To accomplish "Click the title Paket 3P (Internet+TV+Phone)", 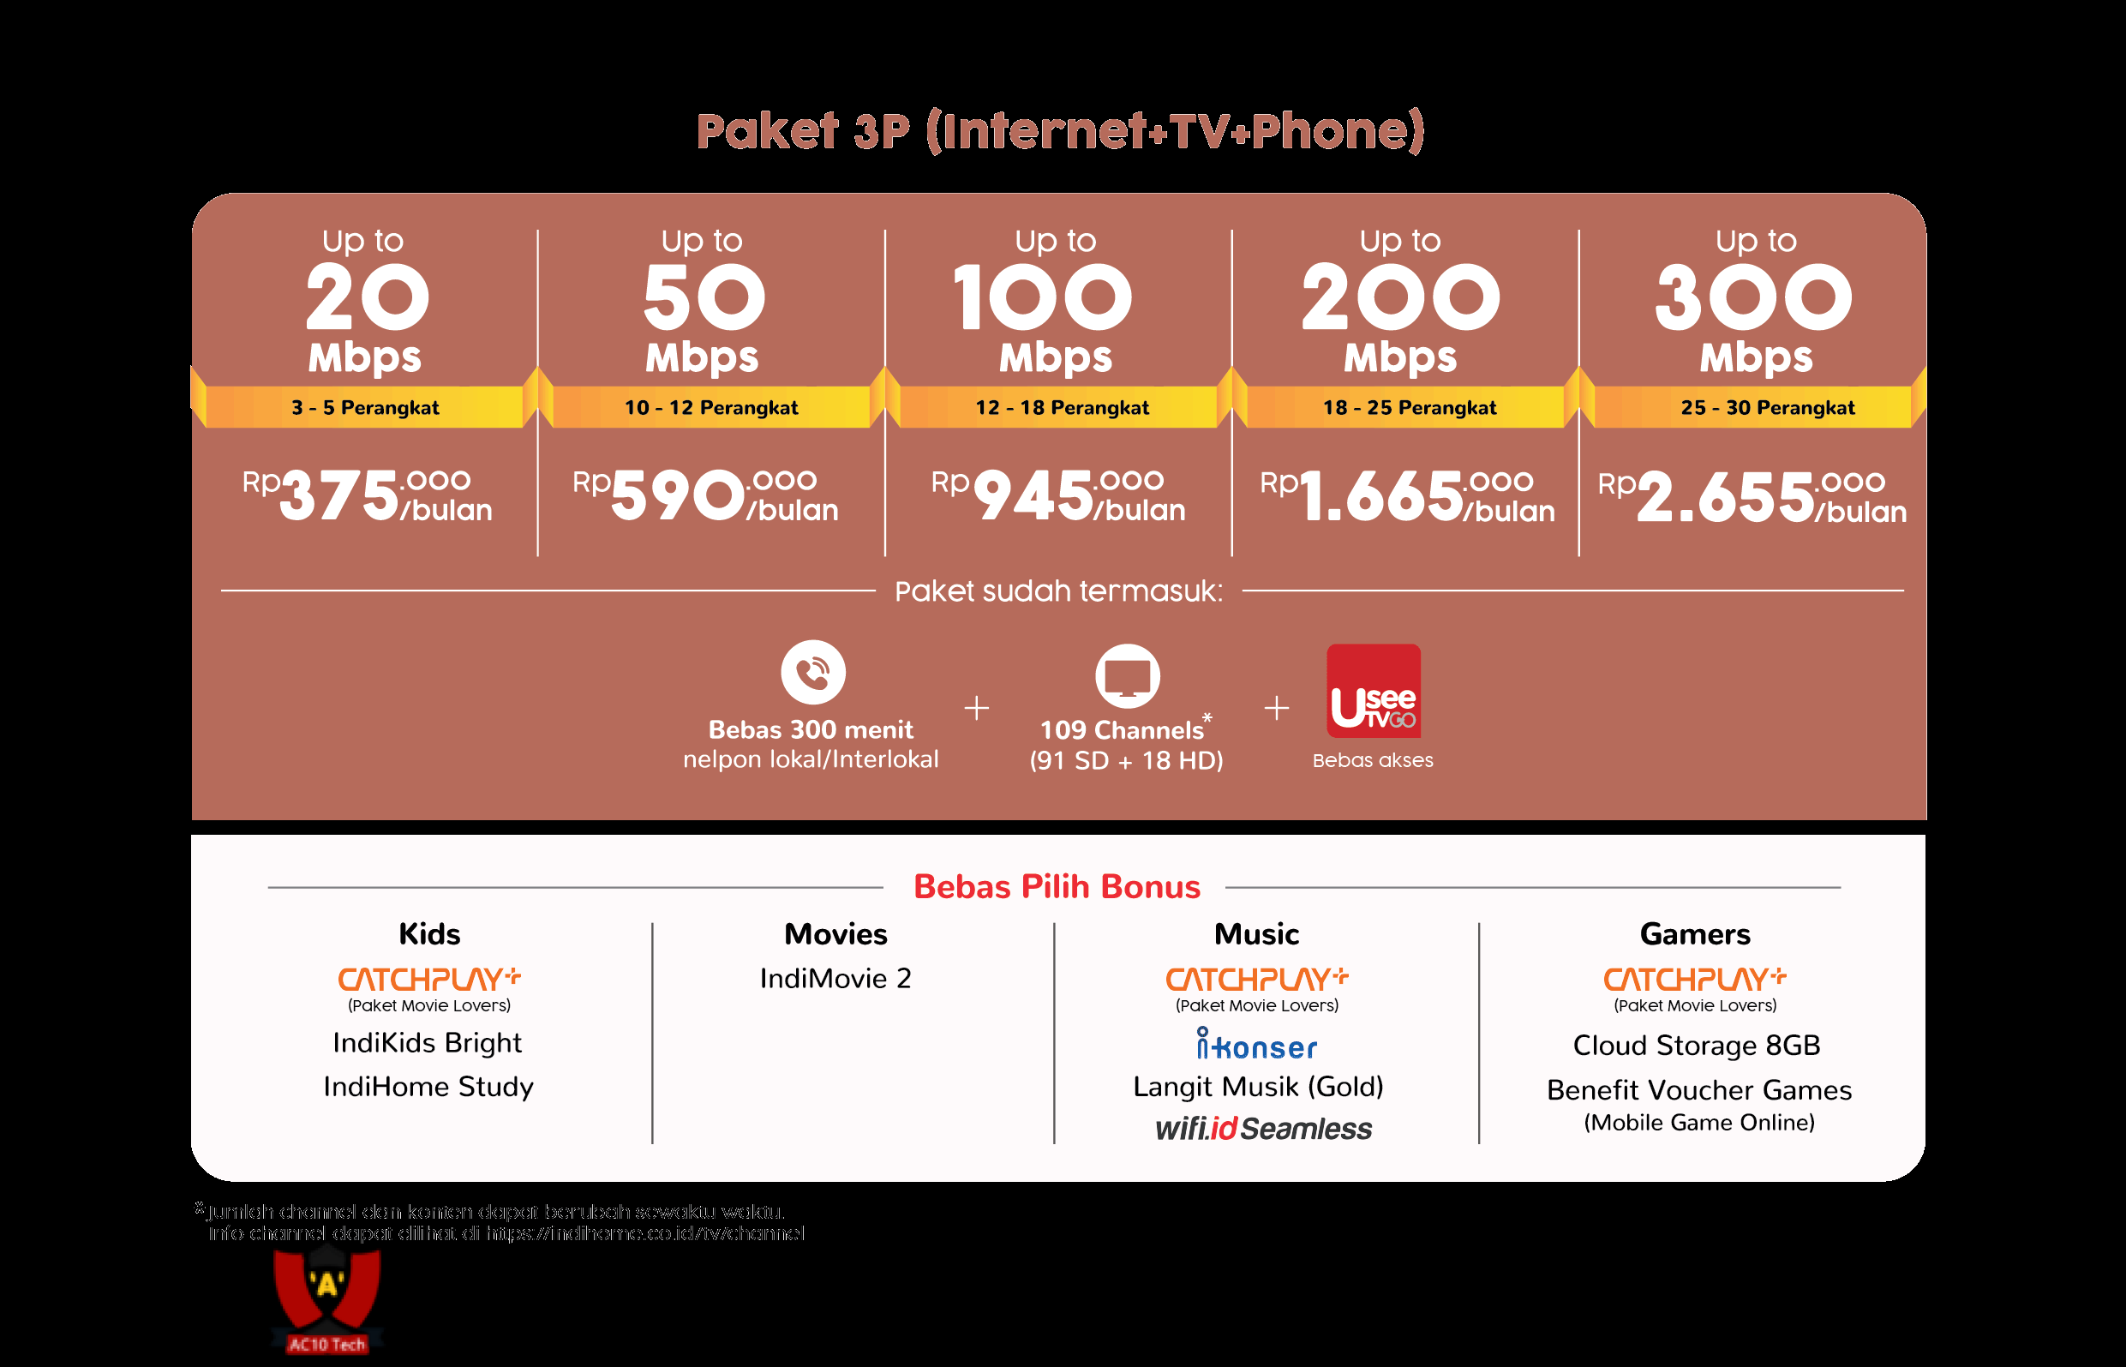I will [1061, 131].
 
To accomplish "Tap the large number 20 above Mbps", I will [367, 297].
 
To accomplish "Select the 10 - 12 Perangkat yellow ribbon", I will [710, 407].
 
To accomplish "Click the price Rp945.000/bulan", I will [1057, 495].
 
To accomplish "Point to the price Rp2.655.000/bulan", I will [1752, 497].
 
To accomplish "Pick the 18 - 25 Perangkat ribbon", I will [1409, 407].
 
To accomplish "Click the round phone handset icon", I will [812, 672].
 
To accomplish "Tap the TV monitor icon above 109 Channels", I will [1127, 676].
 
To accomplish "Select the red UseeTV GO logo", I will [1373, 691].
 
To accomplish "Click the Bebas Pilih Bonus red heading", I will [1057, 887].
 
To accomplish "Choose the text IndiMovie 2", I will [835, 978].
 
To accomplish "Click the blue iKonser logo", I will [1256, 1045].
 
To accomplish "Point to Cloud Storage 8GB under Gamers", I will [1696, 1046].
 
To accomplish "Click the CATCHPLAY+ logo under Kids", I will [428, 979].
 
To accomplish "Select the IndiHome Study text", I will [428, 1087].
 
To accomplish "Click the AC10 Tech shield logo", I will [327, 1300].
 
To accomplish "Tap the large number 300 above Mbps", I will [1753, 297].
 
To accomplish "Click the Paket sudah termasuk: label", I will [1057, 591].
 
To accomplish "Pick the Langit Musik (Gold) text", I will [1257, 1087].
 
